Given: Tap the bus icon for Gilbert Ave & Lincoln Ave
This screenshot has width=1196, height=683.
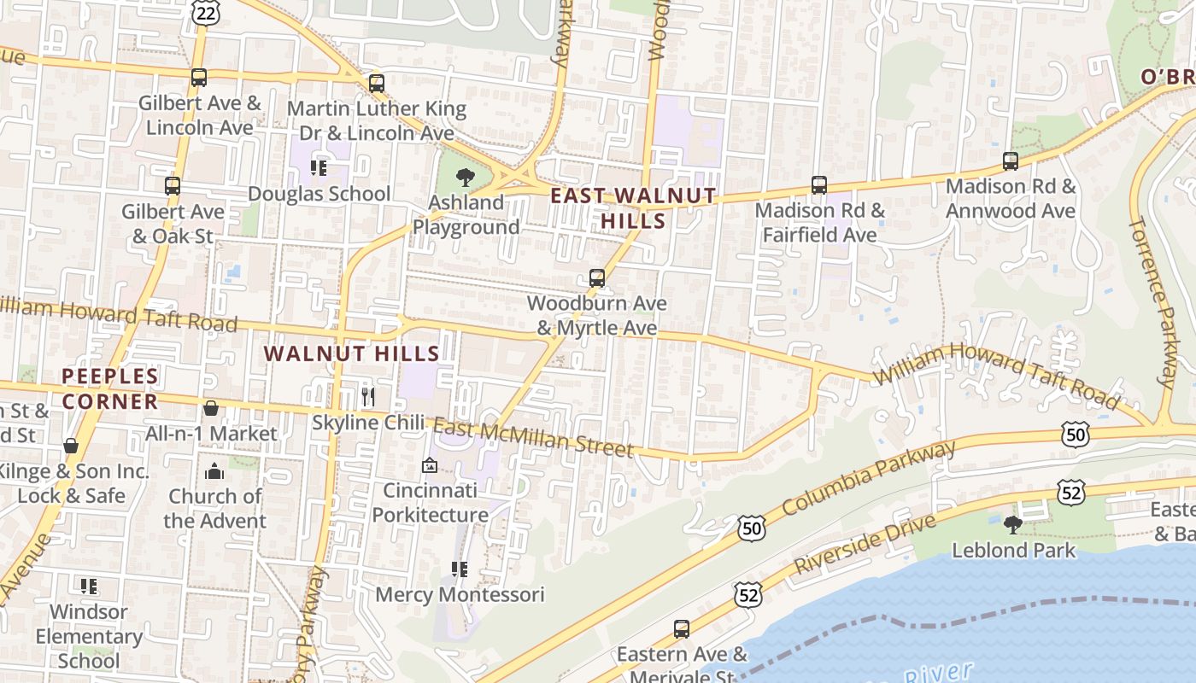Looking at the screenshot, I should click(199, 78).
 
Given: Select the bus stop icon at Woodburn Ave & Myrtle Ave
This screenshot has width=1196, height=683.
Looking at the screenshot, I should click(597, 277).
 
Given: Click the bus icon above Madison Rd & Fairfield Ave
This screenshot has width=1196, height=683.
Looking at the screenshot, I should click(819, 185).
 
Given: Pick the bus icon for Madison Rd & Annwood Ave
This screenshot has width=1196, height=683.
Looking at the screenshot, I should click(1011, 161).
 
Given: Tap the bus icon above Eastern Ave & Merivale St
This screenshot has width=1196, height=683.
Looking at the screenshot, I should click(682, 629).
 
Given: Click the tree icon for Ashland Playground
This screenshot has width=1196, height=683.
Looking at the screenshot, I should click(466, 178).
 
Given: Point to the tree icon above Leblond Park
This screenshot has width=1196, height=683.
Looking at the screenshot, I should click(1013, 524).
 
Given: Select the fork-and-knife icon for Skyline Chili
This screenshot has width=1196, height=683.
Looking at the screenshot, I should click(368, 397).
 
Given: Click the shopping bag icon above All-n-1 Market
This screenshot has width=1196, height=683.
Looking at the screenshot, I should click(211, 408).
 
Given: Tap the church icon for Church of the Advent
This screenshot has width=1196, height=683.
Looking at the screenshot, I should click(214, 471).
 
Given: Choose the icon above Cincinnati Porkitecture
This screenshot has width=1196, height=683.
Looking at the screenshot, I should click(430, 465).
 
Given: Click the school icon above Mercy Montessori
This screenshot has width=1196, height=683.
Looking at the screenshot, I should click(460, 569).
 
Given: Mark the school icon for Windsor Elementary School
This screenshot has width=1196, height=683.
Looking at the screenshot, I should click(89, 587).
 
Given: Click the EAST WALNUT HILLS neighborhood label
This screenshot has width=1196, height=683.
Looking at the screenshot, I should click(633, 207).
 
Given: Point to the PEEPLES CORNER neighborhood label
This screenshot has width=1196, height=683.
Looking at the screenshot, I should click(110, 388).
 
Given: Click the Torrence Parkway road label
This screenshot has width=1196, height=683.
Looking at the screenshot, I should click(1153, 301).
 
